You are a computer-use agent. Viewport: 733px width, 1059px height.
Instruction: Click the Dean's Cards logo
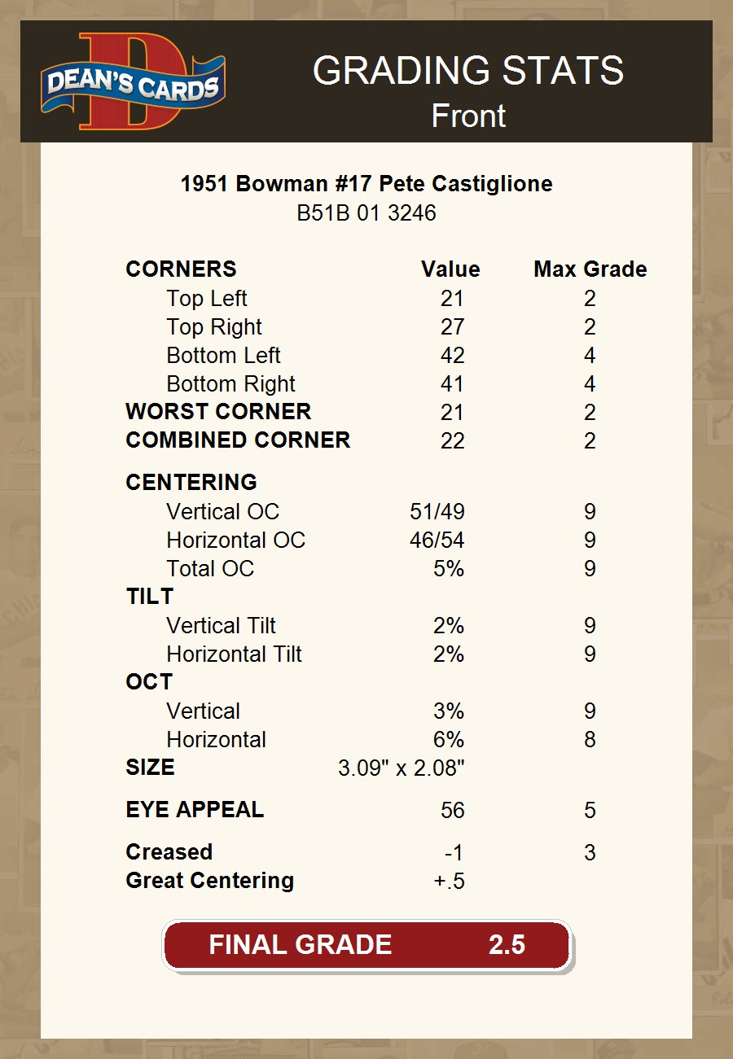(133, 82)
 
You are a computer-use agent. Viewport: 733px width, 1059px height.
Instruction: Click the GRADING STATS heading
(468, 71)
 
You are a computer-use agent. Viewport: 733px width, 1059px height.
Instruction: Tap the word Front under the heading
(468, 116)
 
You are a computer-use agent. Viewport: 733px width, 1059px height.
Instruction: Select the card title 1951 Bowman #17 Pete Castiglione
(366, 184)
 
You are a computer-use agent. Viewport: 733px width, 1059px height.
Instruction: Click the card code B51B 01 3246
(366, 213)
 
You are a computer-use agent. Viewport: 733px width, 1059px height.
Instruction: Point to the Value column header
(450, 269)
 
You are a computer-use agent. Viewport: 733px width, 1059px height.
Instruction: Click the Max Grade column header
(590, 269)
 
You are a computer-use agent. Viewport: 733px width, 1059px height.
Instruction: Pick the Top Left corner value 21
(452, 299)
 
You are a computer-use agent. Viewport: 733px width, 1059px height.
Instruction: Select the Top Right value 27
(452, 327)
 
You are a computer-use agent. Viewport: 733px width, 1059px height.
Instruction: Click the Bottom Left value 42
(452, 356)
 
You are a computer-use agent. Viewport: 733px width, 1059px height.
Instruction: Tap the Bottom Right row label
(230, 384)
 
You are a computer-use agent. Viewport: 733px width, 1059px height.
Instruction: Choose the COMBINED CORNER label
(238, 440)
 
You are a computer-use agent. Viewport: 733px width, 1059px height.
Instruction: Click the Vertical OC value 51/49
(437, 512)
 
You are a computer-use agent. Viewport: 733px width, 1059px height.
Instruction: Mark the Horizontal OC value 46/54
(437, 540)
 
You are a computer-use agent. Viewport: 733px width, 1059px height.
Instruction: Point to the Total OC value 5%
(449, 569)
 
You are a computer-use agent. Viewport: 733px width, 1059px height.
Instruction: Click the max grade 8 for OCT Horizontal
(590, 740)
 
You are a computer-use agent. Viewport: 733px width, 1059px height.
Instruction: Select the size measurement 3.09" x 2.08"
(401, 768)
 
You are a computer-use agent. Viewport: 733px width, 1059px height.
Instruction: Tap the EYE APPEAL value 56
(452, 811)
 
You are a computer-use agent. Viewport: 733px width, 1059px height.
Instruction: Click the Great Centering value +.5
(450, 881)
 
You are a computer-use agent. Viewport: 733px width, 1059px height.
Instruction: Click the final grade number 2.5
(507, 945)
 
